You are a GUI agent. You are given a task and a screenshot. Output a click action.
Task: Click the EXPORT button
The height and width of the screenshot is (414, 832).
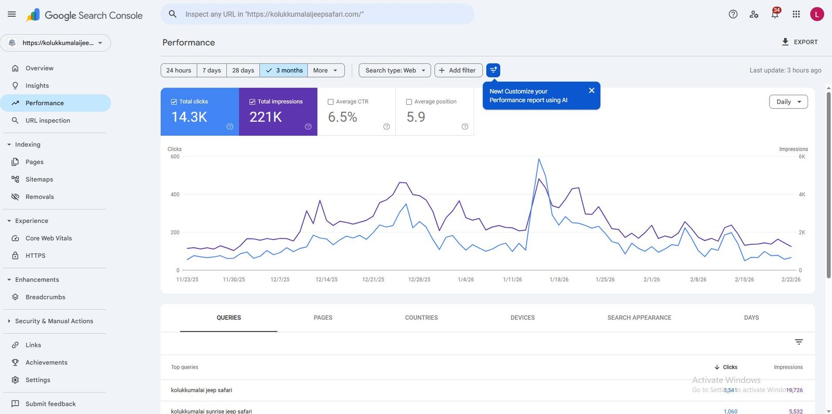click(x=800, y=42)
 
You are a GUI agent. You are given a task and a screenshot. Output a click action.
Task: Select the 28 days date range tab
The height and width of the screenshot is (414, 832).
click(x=243, y=70)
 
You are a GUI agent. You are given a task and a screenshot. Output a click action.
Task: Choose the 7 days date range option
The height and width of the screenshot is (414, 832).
click(x=212, y=70)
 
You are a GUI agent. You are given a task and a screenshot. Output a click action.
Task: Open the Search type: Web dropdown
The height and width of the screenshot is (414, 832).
click(x=395, y=70)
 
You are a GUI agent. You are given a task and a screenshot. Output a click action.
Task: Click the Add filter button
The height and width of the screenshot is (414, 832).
click(x=458, y=70)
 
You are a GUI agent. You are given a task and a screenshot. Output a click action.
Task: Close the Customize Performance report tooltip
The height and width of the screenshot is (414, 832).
click(x=591, y=91)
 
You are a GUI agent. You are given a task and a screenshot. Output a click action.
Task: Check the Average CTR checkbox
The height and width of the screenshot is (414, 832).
click(x=331, y=102)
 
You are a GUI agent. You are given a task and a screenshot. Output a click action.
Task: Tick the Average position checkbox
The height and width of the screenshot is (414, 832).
click(x=409, y=102)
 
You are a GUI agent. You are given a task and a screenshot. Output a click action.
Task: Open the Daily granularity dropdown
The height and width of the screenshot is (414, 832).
click(x=788, y=102)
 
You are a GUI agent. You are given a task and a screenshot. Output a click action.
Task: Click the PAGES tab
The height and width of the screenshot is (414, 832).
click(x=323, y=318)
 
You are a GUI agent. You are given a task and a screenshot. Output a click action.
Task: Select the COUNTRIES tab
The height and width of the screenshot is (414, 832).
click(x=421, y=318)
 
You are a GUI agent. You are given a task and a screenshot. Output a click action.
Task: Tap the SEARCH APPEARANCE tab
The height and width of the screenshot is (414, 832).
click(x=639, y=318)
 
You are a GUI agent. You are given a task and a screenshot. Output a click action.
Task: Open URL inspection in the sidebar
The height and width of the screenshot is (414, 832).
click(x=47, y=120)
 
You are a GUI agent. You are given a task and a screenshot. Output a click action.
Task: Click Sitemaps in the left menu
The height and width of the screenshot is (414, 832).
click(x=39, y=179)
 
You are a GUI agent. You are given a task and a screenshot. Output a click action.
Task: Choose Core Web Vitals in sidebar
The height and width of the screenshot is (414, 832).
click(x=48, y=238)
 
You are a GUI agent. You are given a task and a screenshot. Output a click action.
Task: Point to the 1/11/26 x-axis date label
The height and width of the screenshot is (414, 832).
click(x=512, y=280)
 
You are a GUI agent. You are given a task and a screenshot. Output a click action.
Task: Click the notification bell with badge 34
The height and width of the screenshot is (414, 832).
click(x=775, y=14)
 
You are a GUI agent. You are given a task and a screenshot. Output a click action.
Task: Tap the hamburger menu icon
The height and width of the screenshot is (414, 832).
click(x=11, y=14)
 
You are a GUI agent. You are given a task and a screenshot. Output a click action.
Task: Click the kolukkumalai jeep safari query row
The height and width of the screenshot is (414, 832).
click(x=202, y=390)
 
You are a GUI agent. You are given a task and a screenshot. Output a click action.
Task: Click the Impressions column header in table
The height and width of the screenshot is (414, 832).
click(x=788, y=367)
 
